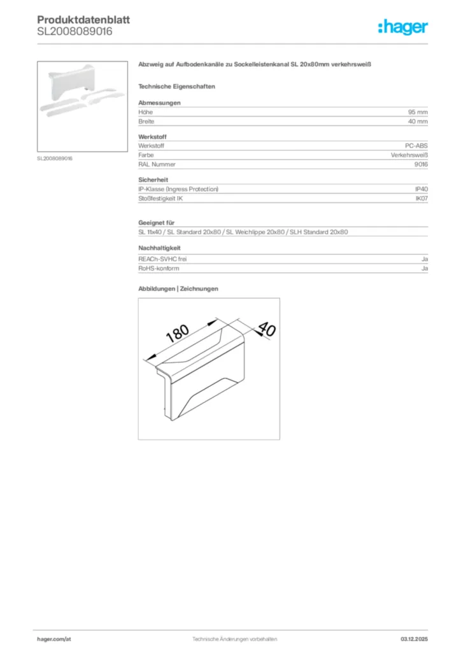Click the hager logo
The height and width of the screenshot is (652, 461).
[402, 27]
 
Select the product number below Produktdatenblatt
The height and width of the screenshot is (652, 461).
[74, 31]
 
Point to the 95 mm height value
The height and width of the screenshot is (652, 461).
[418, 111]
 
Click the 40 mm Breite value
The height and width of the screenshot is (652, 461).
[418, 121]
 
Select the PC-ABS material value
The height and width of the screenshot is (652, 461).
[416, 146]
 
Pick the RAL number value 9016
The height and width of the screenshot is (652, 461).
[421, 164]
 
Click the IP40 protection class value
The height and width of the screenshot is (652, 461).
[422, 189]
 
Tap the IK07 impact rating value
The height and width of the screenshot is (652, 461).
[422, 199]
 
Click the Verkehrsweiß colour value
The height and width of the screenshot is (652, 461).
[409, 155]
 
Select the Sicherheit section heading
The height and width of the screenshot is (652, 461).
[153, 180]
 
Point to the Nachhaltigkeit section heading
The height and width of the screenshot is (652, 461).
[159, 248]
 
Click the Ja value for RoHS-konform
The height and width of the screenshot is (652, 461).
[424, 269]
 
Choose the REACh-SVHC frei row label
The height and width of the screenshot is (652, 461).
[162, 259]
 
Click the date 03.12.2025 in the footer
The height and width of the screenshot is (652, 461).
[414, 639]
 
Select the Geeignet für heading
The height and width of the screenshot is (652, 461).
[156, 223]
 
